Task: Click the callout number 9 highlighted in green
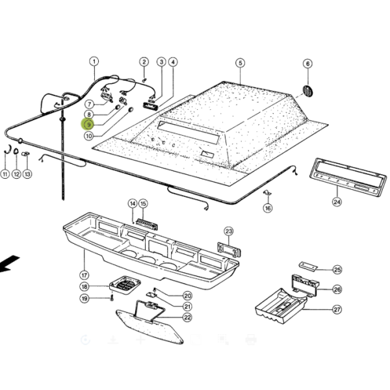[88, 124]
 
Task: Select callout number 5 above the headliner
[240, 63]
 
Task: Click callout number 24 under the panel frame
[337, 201]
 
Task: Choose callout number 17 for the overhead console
[83, 275]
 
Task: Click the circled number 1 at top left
[94, 62]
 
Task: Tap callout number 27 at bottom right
[337, 310]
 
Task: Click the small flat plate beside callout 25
[307, 266]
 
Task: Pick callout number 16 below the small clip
[268, 209]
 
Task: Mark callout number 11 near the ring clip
[5, 174]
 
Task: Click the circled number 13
[27, 174]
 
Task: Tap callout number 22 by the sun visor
[187, 317]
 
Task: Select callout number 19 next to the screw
[84, 298]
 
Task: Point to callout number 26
[337, 289]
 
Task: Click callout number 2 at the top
[144, 62]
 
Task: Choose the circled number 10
[88, 136]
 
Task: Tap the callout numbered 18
[84, 287]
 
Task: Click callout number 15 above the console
[144, 203]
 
